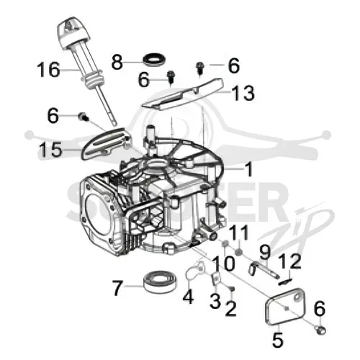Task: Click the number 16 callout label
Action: pos(48,70)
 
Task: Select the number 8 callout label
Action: pos(117,62)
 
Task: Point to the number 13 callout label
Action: pos(243,93)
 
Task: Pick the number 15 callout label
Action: pos(51,150)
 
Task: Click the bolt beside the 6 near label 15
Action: pos(84,117)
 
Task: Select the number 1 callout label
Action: pos(248,169)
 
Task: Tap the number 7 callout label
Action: pos(117,288)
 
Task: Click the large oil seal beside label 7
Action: pos(161,282)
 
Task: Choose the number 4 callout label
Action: pos(188,297)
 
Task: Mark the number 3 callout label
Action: pos(215,301)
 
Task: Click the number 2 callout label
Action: pos(231,308)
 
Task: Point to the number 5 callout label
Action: pos(278,340)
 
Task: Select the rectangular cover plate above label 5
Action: pos(285,306)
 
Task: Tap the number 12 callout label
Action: pos(289,261)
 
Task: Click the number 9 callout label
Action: pos(265,252)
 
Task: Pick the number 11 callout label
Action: pos(238,233)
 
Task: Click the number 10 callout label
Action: pos(223,264)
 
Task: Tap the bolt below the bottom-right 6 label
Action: pos(320,330)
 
